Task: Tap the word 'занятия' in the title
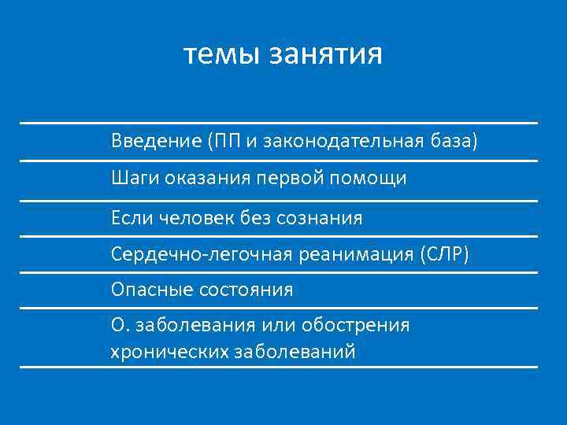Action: (x=326, y=57)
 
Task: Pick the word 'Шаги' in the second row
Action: (x=135, y=179)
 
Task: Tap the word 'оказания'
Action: (x=207, y=179)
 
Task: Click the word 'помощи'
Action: (x=373, y=179)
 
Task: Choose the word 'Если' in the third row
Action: (x=132, y=217)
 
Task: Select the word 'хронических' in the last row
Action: (x=169, y=351)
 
